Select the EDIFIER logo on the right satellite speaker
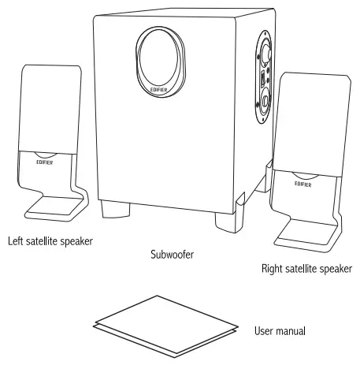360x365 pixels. click(x=303, y=182)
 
